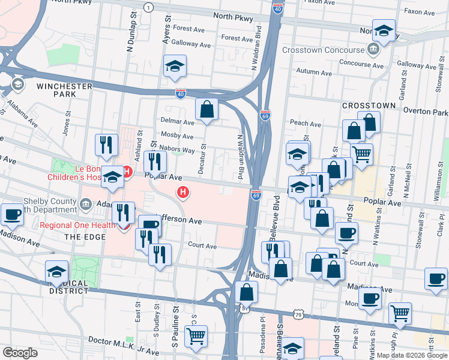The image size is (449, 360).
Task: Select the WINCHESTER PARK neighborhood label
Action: click(x=64, y=90)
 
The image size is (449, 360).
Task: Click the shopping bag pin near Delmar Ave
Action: click(x=206, y=109)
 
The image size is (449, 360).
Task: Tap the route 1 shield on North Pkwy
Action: click(x=148, y=7)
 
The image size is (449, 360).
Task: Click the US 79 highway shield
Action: click(x=298, y=314)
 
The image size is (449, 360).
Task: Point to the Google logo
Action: click(x=20, y=353)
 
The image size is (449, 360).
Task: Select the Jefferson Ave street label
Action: click(x=178, y=220)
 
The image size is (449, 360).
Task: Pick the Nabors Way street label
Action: click(x=177, y=150)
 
